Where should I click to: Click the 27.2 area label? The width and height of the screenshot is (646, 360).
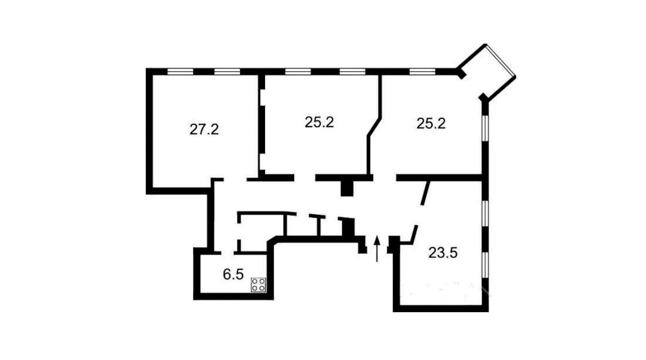tap(204, 129)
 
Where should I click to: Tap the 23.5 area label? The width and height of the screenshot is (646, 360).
tap(443, 253)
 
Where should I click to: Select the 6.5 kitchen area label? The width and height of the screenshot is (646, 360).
tap(233, 274)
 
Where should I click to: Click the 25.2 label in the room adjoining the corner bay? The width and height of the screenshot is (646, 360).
tap(431, 123)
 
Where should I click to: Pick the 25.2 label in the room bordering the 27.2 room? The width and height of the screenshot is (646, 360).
tap(319, 122)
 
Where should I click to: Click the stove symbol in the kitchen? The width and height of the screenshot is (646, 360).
tap(259, 285)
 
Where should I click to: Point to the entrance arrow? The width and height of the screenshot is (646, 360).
tap(377, 249)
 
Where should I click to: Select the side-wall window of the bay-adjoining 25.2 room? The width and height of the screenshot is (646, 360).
tap(485, 128)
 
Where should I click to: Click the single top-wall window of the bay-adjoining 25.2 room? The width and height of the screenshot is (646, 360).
tap(422, 71)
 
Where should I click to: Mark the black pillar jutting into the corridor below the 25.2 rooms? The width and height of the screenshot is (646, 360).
tap(347, 188)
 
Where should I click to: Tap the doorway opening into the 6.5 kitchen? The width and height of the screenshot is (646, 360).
tap(228, 253)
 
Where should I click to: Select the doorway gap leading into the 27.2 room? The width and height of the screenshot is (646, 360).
tap(235, 180)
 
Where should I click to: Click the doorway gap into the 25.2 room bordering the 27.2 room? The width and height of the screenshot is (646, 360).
tap(305, 178)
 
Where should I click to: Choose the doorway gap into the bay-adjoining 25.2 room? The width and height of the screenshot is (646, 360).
tap(385, 178)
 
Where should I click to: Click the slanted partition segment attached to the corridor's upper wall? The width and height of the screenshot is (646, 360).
tap(425, 193)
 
